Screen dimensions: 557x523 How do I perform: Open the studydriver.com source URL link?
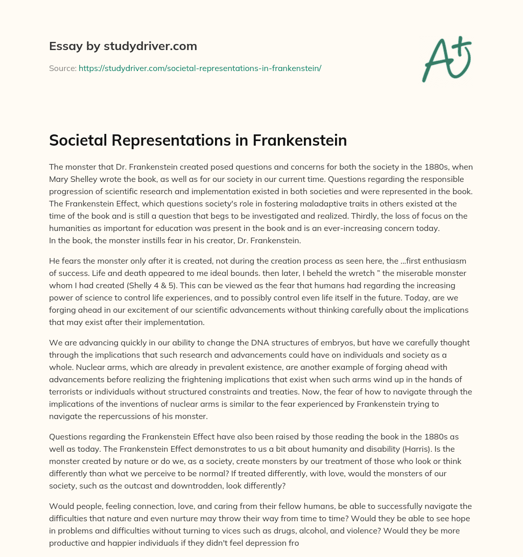(x=200, y=68)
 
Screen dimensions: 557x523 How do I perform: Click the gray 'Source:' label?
(x=62, y=68)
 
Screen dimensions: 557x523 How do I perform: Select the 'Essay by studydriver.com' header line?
(x=123, y=46)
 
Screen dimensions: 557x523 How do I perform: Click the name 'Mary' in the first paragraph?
(x=61, y=179)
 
